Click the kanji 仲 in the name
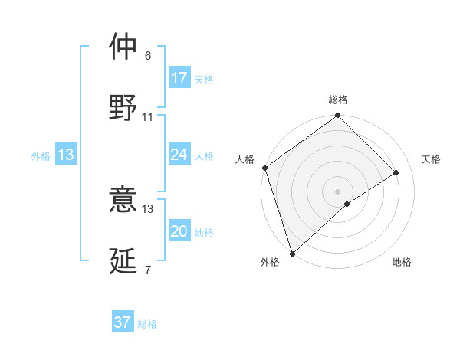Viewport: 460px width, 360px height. (123, 47)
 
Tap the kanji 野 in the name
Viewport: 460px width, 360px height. (123, 108)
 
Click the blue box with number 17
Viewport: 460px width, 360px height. (179, 77)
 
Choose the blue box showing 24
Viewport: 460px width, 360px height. (179, 155)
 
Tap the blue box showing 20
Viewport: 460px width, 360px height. (179, 232)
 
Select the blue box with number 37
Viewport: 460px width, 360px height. (123, 322)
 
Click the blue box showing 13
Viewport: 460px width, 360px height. (66, 155)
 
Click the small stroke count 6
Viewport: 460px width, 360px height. (148, 56)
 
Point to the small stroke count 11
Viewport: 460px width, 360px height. (148, 117)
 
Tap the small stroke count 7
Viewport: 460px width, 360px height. (148, 270)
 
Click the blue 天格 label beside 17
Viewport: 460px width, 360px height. (204, 79)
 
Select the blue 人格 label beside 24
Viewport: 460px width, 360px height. (204, 156)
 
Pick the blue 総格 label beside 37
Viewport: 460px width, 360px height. (147, 324)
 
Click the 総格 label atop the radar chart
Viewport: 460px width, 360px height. (338, 100)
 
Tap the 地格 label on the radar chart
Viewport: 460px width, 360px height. (402, 263)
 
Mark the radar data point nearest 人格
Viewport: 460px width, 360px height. (264, 168)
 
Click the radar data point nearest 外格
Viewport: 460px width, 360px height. (292, 253)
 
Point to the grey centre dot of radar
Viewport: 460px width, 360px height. (338, 191)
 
